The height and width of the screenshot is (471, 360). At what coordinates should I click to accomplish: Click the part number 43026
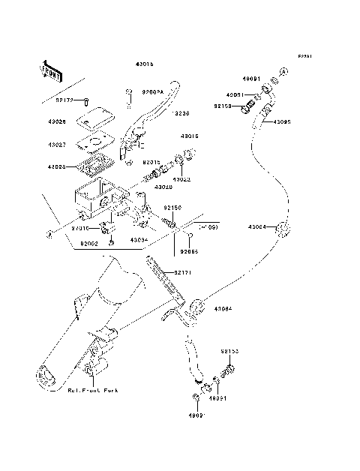tap(56, 121)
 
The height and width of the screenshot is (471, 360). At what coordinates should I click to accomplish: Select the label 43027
tap(56, 143)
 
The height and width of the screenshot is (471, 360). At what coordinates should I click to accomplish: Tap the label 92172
tap(66, 98)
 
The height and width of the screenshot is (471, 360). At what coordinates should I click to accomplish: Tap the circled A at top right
tap(284, 72)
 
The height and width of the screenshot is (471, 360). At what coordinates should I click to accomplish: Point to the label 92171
tap(184, 273)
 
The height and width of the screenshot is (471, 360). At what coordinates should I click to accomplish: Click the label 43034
tap(137, 240)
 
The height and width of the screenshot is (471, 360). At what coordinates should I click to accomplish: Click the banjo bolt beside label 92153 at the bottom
tap(229, 367)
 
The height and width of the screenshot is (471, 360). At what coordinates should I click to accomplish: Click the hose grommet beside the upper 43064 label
tap(280, 229)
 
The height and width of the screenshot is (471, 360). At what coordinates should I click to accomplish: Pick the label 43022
tap(181, 179)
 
